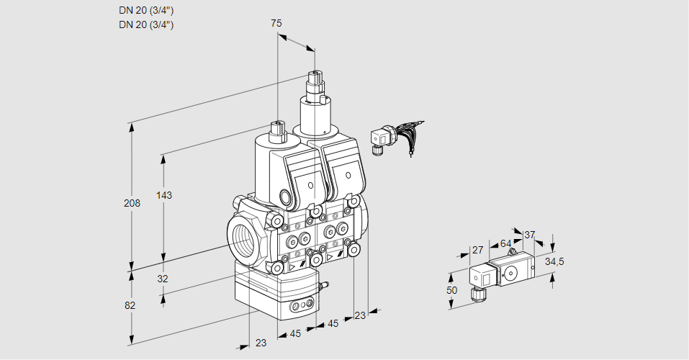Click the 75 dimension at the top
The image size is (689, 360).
click(276, 23)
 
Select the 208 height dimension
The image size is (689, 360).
click(132, 203)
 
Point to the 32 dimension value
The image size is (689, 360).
click(163, 279)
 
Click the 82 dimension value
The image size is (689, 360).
click(130, 305)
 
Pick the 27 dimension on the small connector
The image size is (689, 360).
click(477, 250)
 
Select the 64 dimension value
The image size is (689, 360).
click(505, 243)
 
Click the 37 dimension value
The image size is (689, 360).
click(530, 235)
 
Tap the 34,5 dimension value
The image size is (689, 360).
click(554, 261)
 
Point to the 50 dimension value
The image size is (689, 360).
click(451, 289)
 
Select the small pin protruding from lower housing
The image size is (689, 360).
click(324, 287)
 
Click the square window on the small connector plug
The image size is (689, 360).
click(485, 275)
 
